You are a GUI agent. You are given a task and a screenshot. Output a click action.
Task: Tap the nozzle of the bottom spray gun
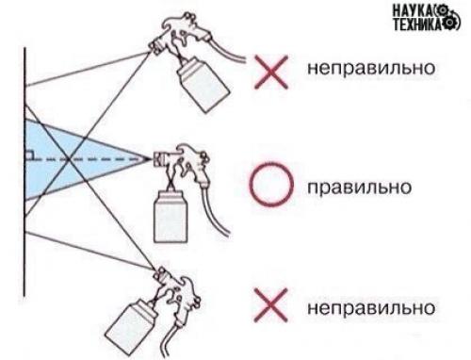tap(157, 274)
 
